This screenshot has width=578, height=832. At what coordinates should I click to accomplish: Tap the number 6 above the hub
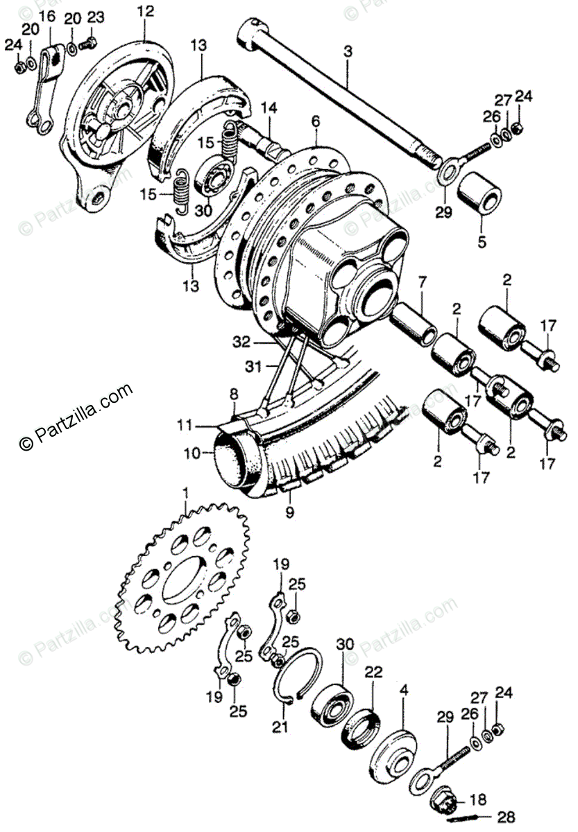(x=316, y=121)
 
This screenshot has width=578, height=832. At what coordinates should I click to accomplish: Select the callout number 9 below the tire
(x=289, y=513)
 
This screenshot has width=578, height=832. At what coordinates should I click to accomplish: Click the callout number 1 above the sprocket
(x=185, y=492)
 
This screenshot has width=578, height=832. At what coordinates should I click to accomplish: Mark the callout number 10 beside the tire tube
(x=191, y=453)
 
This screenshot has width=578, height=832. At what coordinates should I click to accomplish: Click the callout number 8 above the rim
(x=235, y=395)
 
